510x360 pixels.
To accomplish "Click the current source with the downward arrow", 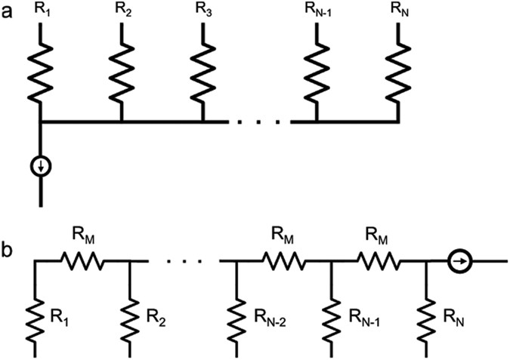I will (40, 165).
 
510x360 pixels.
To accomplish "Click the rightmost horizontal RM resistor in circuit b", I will (380, 261).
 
